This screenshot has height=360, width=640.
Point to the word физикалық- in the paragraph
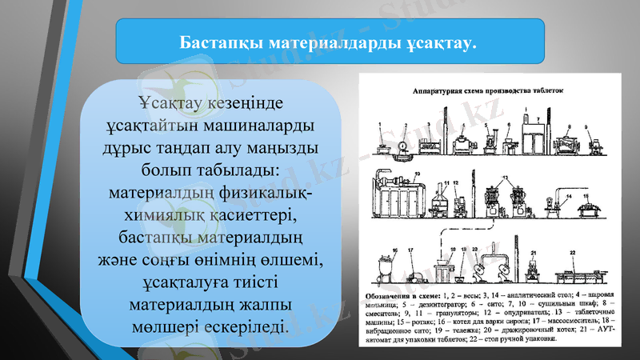[269, 194]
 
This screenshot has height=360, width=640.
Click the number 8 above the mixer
[563, 126]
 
